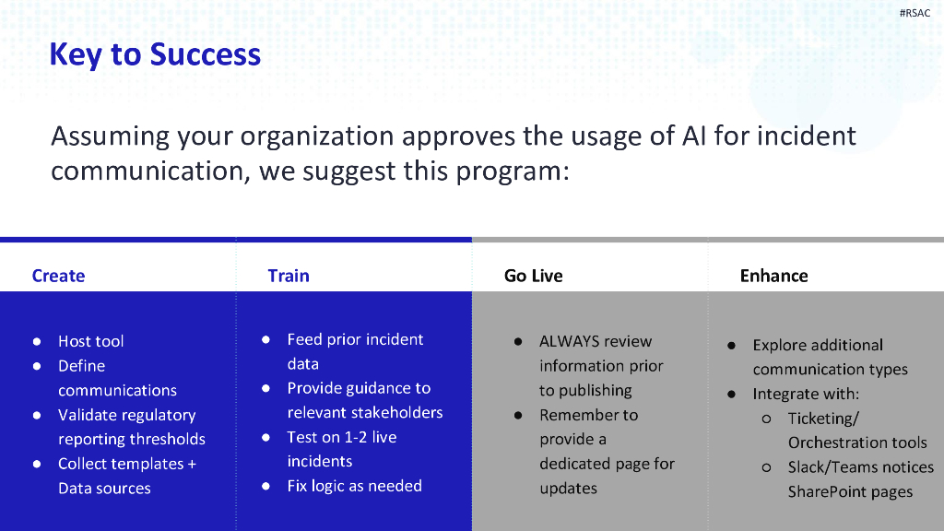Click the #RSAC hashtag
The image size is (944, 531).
click(914, 13)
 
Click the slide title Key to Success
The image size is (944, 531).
click(155, 54)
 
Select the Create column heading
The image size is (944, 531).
click(58, 276)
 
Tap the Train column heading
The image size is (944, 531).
click(289, 276)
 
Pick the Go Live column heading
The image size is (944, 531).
click(533, 276)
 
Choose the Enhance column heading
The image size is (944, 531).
click(773, 276)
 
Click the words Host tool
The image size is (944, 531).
click(90, 341)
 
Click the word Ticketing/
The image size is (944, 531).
click(823, 419)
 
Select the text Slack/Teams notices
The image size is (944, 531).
click(860, 467)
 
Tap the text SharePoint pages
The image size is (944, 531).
click(850, 491)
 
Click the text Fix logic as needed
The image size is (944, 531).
click(354, 486)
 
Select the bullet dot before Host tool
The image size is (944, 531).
click(37, 341)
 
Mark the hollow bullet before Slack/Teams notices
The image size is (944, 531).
click(766, 467)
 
